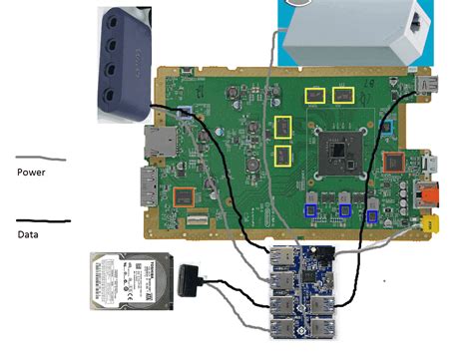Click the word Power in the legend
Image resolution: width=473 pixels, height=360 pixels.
[32, 173]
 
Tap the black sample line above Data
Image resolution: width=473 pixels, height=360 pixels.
[43, 220]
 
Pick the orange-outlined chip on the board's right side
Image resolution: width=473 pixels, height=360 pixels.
[396, 164]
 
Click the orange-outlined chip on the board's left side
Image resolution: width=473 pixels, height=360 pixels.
[184, 195]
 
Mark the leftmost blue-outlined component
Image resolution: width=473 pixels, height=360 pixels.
[311, 209]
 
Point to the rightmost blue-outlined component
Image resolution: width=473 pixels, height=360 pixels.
[373, 214]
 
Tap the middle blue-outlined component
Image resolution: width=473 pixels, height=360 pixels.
[345, 210]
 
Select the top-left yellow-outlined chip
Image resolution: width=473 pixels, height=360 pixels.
[316, 96]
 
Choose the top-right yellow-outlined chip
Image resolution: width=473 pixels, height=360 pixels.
[344, 96]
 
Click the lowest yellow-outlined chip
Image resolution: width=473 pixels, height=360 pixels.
[282, 156]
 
